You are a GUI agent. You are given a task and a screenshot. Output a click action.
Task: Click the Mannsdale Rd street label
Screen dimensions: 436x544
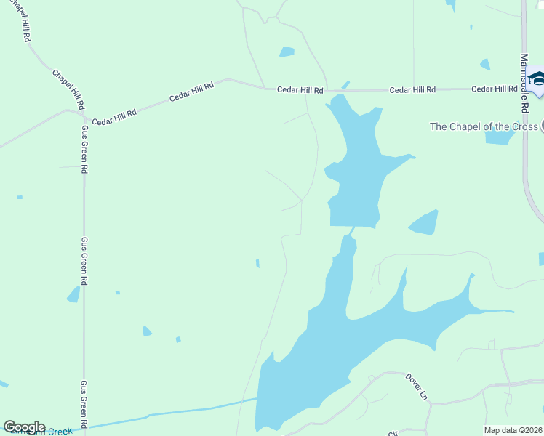coord(524,83)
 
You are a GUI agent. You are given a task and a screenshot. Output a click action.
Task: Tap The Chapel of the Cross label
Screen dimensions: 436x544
coord(484,126)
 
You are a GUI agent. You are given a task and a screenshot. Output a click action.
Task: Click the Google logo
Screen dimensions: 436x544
coord(24,427)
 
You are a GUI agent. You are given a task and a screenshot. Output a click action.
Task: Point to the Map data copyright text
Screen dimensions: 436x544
coord(512,430)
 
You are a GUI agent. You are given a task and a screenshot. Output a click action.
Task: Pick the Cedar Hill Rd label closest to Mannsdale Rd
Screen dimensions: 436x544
coord(494,89)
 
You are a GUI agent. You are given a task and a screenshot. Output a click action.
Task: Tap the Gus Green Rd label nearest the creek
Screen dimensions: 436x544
coord(84,403)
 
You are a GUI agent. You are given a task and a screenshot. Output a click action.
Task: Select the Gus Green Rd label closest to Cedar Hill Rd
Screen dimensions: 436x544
coord(84,149)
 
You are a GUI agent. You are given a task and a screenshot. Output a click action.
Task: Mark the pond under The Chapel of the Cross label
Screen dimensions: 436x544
coord(500,137)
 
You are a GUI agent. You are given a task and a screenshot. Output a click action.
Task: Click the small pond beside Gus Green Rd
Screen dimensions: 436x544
coord(73,294)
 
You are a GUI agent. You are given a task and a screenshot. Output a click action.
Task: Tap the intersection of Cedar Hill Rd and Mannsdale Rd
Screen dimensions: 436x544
coord(524,89)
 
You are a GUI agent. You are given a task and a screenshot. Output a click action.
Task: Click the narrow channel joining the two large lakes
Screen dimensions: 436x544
coord(352,231)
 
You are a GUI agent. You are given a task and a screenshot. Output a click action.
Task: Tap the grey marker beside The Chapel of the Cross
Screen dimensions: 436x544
coord(541,126)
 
